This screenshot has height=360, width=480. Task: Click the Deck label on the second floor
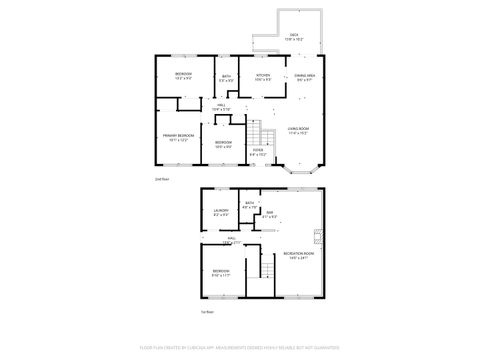tap(294, 36)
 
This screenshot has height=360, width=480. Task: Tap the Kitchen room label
tap(262, 76)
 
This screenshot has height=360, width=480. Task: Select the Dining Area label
tap(305, 76)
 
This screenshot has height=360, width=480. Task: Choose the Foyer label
tap(257, 152)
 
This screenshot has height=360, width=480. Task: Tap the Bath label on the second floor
tap(227, 78)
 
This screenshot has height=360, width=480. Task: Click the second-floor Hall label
tap(221, 107)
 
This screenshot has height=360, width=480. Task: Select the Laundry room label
tap(221, 211)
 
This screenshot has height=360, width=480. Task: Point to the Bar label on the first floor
tap(269, 213)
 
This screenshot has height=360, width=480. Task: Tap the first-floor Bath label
tap(249, 204)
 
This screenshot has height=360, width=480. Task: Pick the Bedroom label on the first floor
tap(220, 273)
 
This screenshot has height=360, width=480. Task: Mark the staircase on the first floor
tap(266, 264)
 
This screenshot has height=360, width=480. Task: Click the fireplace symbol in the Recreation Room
tap(319, 238)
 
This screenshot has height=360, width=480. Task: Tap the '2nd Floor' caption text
tap(161, 180)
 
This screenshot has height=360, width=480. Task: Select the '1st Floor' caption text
tap(206, 312)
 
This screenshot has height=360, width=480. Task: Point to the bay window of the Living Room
tap(299, 171)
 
